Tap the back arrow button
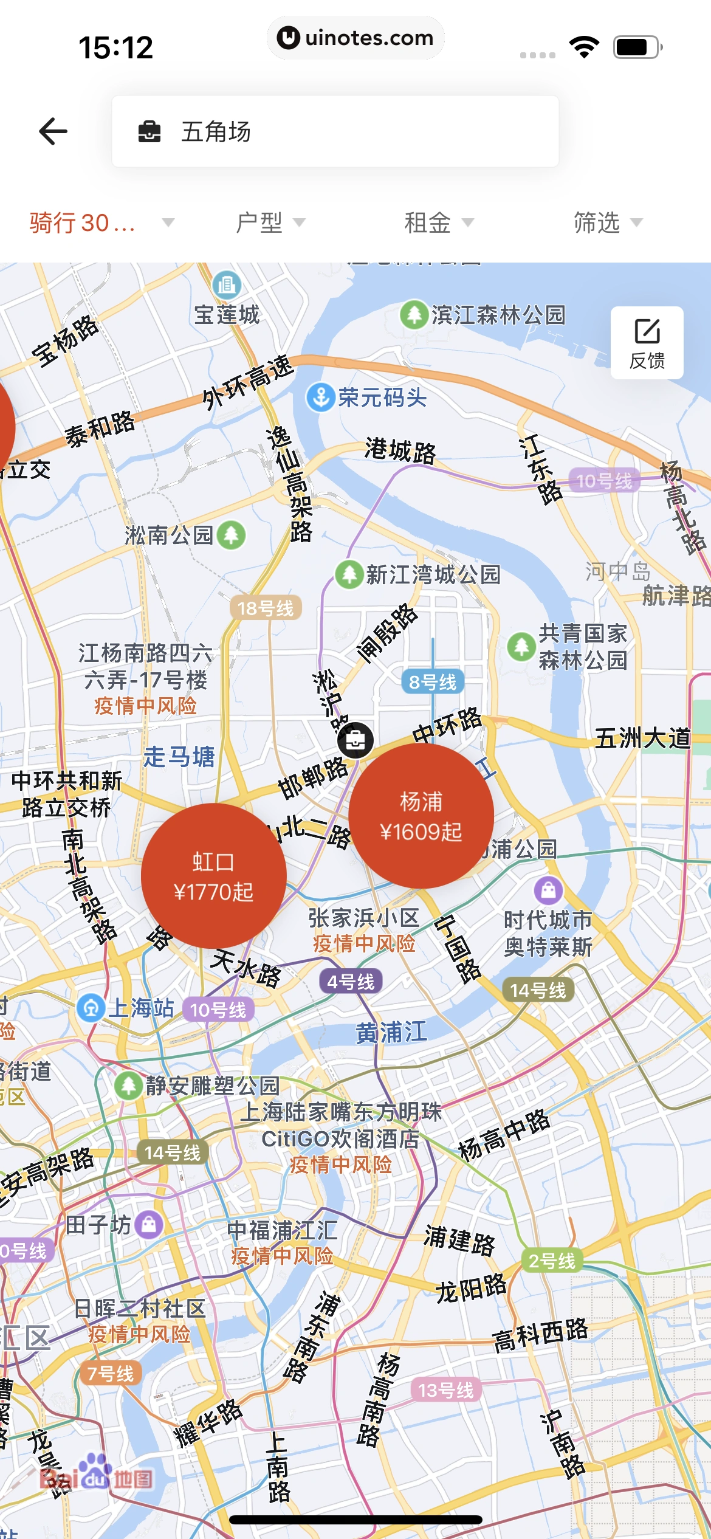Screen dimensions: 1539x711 tap(53, 131)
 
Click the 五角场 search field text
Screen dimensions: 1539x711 tap(216, 131)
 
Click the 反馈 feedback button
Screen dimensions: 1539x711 tap(647, 343)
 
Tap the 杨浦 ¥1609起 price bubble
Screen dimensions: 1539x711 tap(421, 816)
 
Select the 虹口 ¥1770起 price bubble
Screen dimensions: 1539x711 tap(213, 876)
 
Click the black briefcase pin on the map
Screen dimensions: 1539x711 tap(355, 740)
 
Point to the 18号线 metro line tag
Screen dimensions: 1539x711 tap(266, 608)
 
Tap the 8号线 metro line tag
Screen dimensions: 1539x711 tap(432, 682)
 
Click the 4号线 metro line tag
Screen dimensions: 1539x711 tap(351, 982)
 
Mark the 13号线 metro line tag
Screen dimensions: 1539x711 tap(445, 1390)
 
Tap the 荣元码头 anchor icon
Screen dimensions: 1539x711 tap(320, 398)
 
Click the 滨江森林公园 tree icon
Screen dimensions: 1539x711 tap(414, 315)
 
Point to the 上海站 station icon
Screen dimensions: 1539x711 tap(91, 1008)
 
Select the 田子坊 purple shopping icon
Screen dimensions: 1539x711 tap(149, 1224)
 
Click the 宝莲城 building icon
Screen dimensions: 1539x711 tap(227, 284)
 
